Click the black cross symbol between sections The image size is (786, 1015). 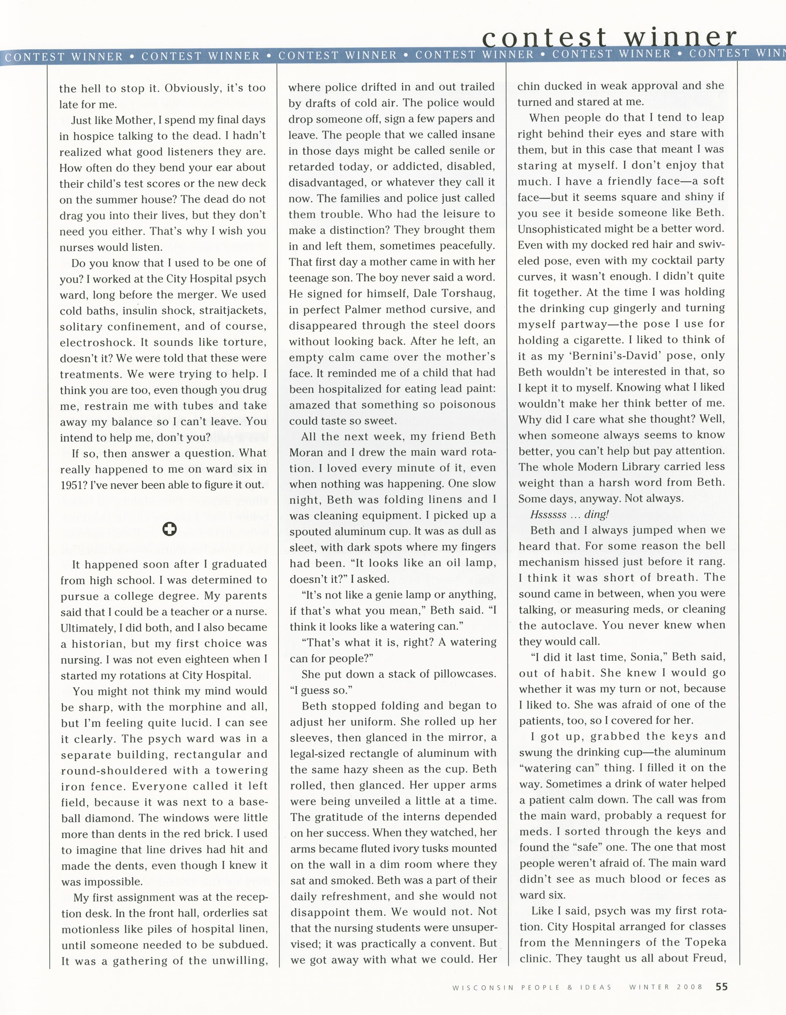pos(169,529)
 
